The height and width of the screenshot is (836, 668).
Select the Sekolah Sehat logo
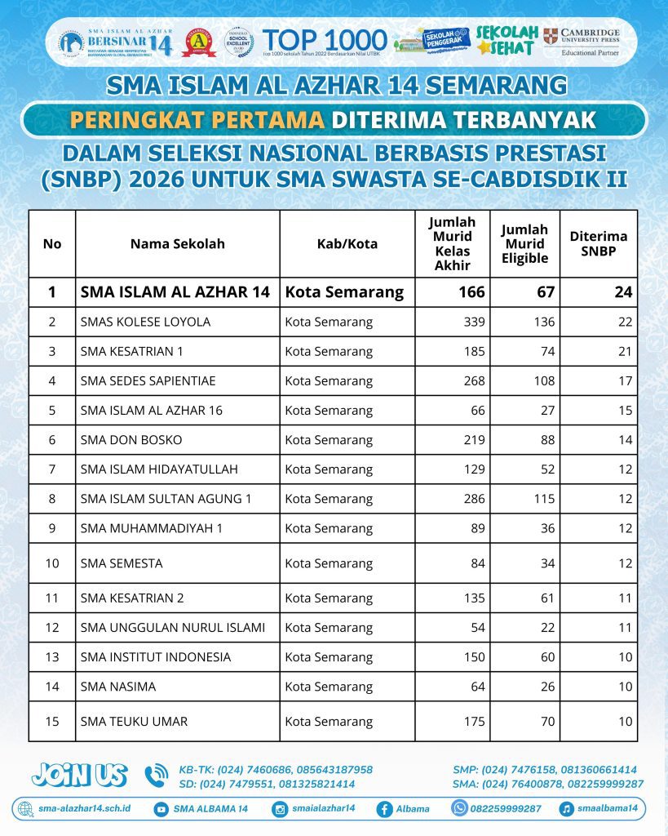(x=507, y=39)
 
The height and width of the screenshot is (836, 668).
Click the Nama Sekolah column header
(x=177, y=243)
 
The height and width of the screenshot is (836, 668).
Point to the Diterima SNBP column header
(x=599, y=243)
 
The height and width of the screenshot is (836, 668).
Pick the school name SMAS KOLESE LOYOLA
(x=145, y=322)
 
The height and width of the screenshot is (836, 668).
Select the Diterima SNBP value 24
(x=624, y=291)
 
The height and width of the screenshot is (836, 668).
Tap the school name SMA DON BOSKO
(x=131, y=439)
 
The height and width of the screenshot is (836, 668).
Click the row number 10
(x=52, y=563)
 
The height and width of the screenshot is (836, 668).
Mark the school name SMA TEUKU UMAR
(x=135, y=721)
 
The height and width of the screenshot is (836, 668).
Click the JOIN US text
(x=79, y=774)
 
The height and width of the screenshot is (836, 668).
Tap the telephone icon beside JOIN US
(x=156, y=776)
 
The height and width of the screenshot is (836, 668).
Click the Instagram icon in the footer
(x=280, y=809)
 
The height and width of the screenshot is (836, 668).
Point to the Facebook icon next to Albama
(x=383, y=809)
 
